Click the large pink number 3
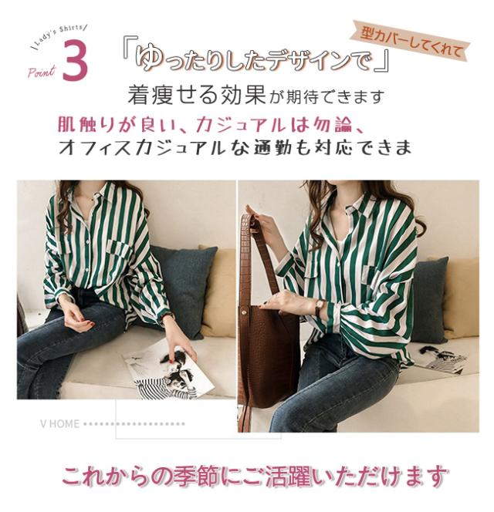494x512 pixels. click(75, 61)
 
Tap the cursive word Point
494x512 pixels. click(42, 72)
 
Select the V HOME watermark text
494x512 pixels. click(60, 424)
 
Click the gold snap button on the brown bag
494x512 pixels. click(244, 312)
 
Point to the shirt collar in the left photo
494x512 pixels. click(95, 195)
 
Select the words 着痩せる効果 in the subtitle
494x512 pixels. click(197, 96)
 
